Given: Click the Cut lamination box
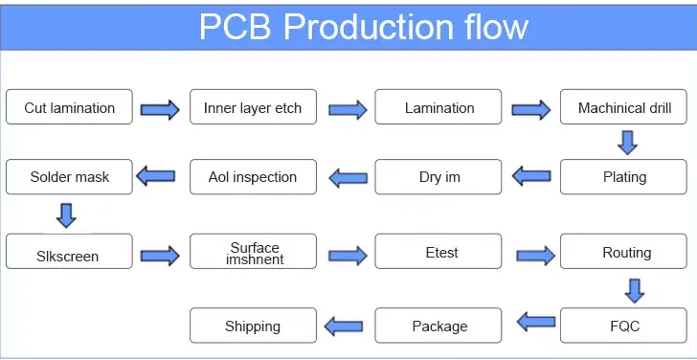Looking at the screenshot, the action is [x=69, y=106].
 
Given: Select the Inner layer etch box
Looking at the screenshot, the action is [x=253, y=106].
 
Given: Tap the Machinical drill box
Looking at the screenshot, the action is [x=623, y=106].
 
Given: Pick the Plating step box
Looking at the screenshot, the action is [x=623, y=177].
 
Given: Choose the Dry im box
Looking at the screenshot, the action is [x=438, y=177].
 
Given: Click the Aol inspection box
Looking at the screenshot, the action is [x=253, y=177].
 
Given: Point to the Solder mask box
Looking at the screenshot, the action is [x=69, y=177].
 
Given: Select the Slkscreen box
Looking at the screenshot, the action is [x=69, y=251].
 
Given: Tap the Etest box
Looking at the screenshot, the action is [x=438, y=251].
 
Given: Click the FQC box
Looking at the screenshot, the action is [x=623, y=326].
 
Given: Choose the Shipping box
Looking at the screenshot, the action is [x=253, y=326].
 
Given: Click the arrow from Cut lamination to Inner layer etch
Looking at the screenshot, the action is [x=160, y=109].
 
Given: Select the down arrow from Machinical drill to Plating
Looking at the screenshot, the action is [x=628, y=143].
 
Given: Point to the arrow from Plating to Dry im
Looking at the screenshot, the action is [x=531, y=176].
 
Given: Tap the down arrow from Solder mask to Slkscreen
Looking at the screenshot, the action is [x=67, y=215].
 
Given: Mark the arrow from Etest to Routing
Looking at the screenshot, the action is [x=535, y=255].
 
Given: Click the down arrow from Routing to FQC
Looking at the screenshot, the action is [x=635, y=291].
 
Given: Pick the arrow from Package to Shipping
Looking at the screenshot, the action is [x=343, y=326].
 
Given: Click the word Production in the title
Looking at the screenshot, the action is [x=369, y=27].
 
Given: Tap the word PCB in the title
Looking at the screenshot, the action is [x=236, y=27].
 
